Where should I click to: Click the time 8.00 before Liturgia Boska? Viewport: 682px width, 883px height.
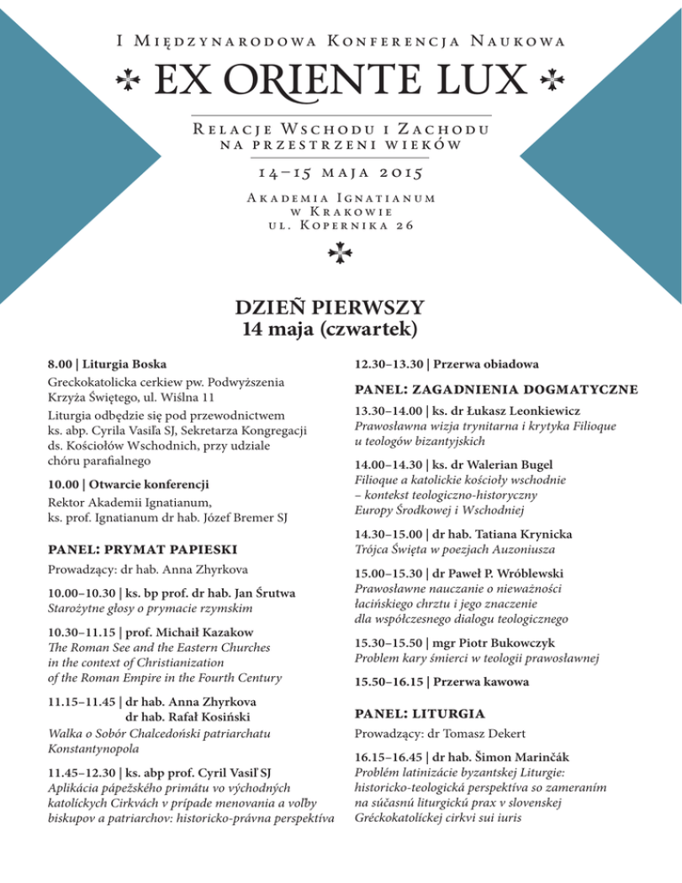point(60,365)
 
